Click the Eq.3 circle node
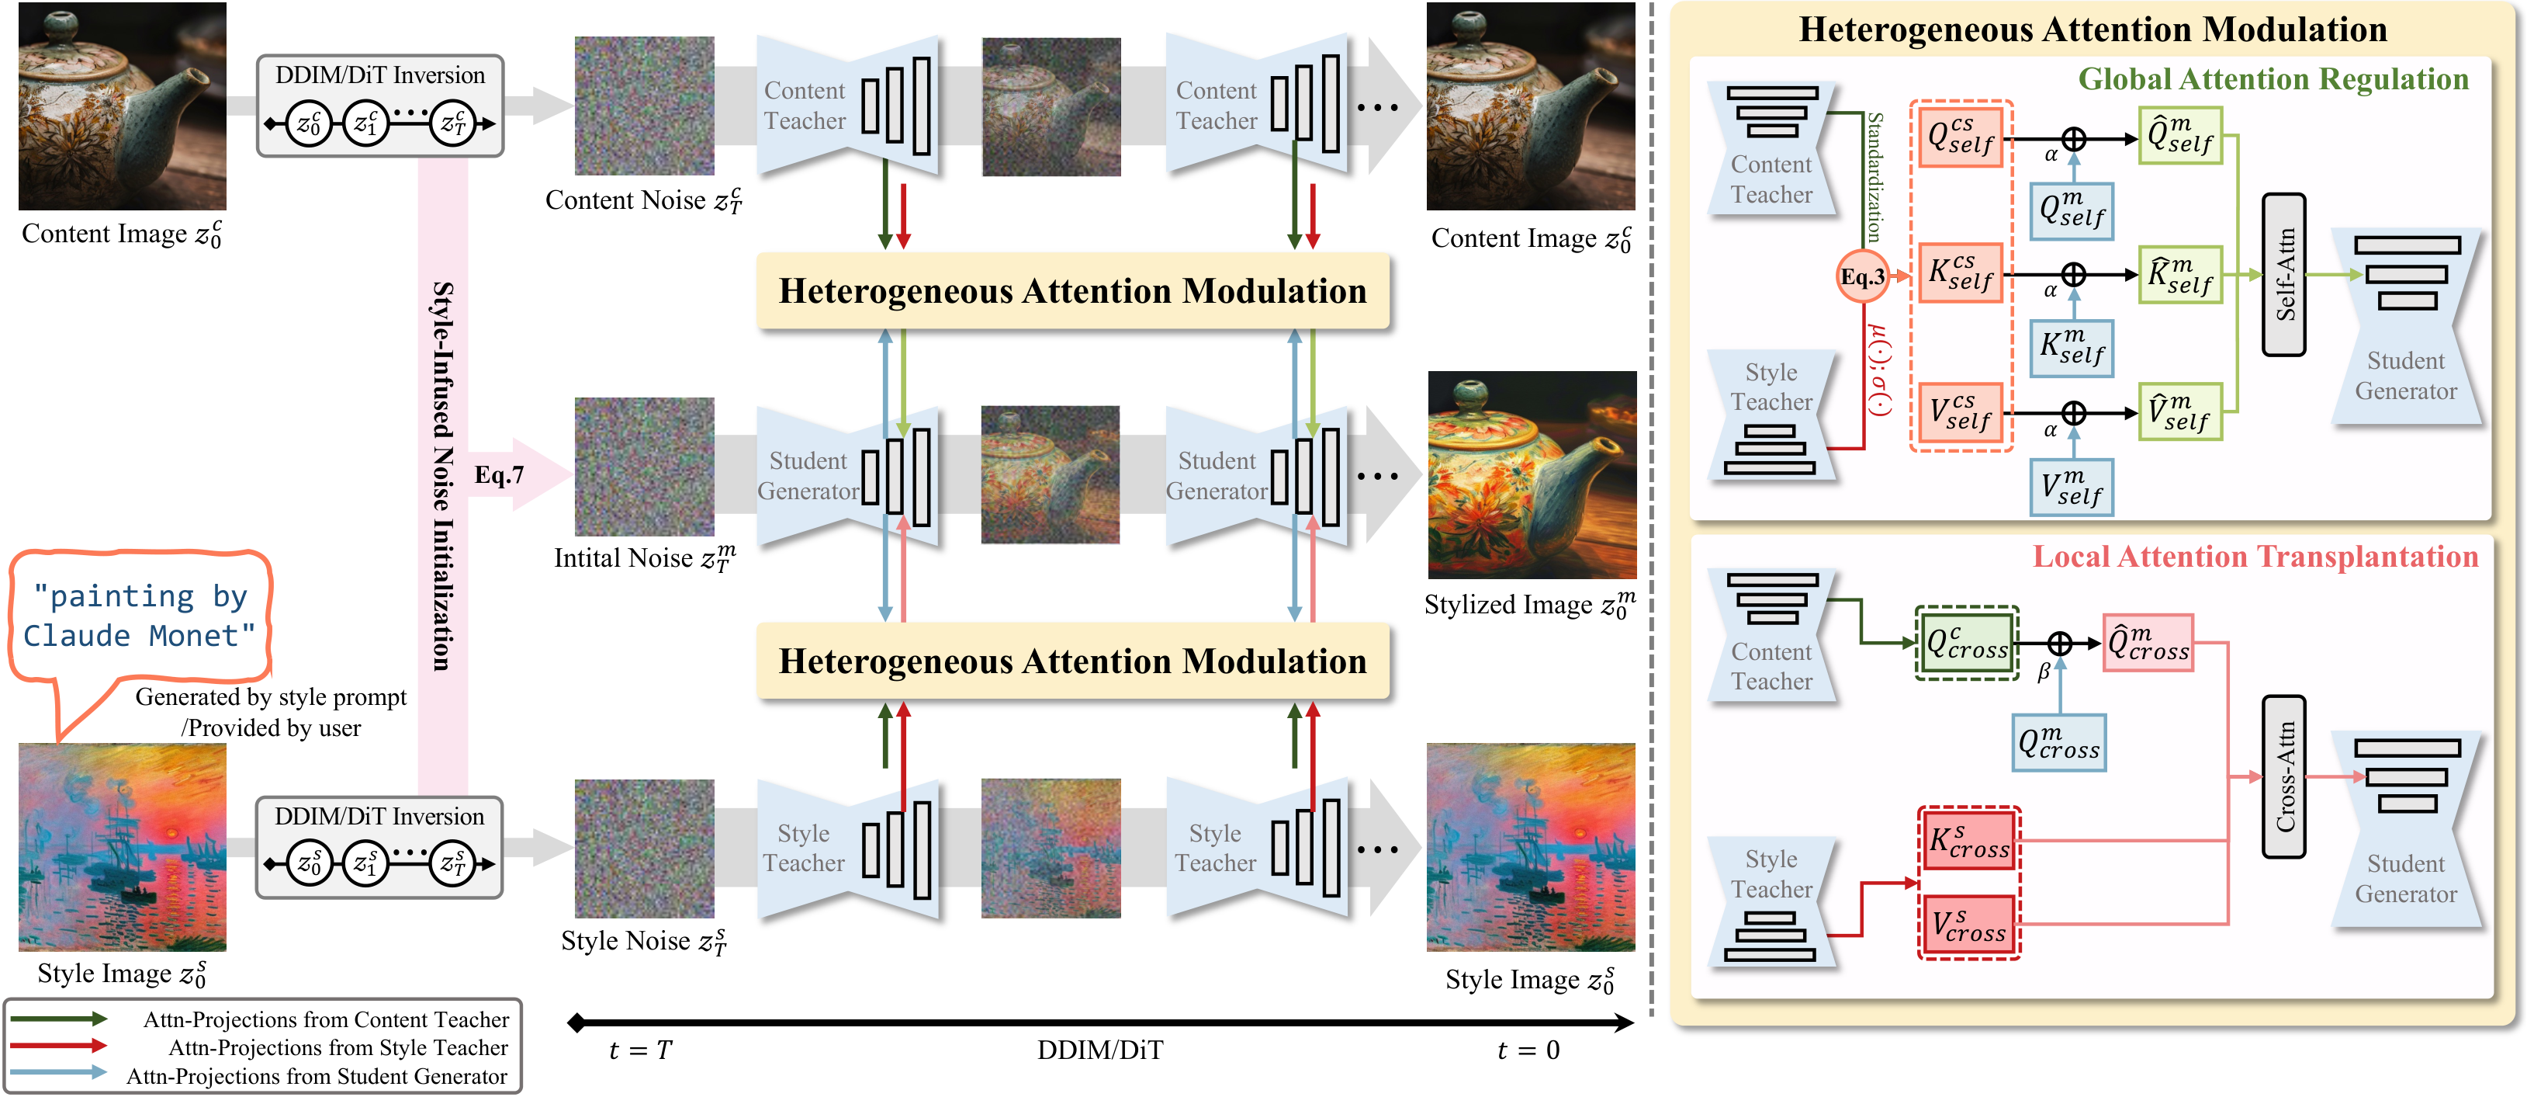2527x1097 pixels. point(1862,276)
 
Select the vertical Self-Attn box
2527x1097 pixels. point(2283,275)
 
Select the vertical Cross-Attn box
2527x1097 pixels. point(2283,777)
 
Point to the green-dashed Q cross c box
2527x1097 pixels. point(1967,644)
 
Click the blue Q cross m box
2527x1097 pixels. point(2058,743)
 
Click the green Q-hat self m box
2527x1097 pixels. point(2179,135)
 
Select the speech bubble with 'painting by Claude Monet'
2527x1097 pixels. point(140,616)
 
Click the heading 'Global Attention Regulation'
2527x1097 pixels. point(2272,78)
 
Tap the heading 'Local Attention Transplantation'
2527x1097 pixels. point(2255,557)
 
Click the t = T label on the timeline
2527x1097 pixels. point(639,1050)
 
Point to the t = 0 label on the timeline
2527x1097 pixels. point(1528,1050)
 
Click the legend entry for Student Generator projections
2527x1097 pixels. point(316,1075)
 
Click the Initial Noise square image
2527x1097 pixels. point(643,467)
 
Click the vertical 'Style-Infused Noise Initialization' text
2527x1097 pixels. point(443,476)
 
